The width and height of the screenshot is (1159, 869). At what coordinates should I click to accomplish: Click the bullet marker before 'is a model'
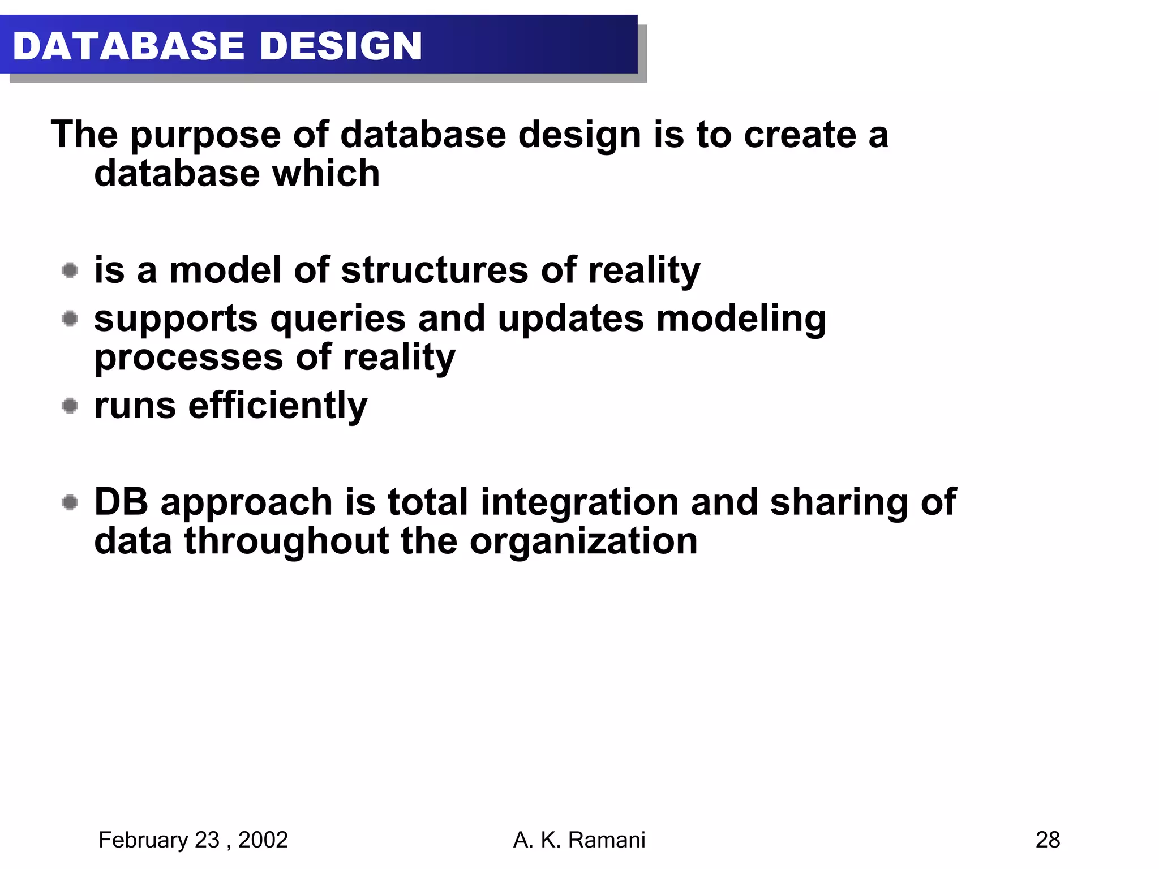tap(70, 270)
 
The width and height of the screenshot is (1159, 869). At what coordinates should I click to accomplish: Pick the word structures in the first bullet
tap(434, 270)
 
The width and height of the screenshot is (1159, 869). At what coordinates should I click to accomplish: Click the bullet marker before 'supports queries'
tap(70, 319)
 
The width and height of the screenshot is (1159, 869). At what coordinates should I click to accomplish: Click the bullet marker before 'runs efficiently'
tap(70, 406)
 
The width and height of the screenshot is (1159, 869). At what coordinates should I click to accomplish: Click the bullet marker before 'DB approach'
tap(70, 502)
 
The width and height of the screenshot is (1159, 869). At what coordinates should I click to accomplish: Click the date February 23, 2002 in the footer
tap(193, 840)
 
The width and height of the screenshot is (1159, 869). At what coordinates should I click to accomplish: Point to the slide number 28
tap(1048, 840)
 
